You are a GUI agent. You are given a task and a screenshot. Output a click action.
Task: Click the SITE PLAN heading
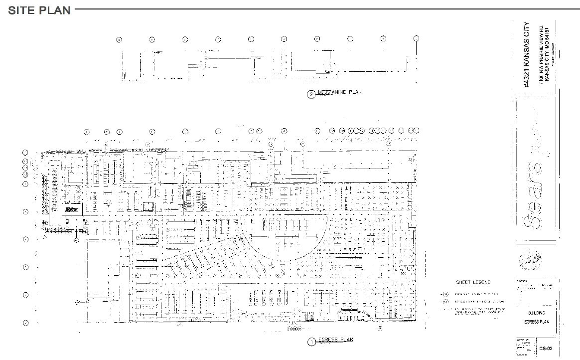pos(39,10)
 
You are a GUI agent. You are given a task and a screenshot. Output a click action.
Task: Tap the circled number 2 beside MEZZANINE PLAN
pos(311,95)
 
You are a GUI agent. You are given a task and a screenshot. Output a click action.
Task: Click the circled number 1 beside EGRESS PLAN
pos(311,342)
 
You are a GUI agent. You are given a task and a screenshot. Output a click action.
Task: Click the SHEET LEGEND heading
pos(473,282)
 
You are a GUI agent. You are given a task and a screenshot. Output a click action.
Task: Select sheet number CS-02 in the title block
pos(545,349)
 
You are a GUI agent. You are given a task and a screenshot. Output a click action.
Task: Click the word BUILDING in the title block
pos(536,313)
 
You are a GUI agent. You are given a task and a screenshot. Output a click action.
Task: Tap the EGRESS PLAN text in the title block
pos(536,322)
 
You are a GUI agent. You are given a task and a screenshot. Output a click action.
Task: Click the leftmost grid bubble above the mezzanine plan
pos(119,39)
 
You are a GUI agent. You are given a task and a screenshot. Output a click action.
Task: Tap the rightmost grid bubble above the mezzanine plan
pos(416,38)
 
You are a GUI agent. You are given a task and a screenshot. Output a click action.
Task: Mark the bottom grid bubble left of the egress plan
pos(26,323)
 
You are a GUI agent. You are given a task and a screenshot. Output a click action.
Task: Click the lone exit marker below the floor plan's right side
pos(380,328)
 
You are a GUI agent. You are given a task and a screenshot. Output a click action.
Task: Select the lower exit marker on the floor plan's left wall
pos(77,302)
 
